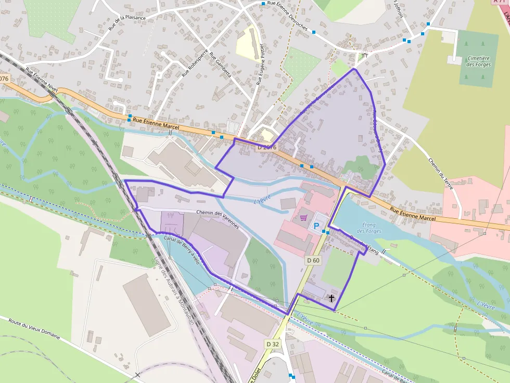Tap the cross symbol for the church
click(x=331, y=298)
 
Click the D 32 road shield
click(x=273, y=344)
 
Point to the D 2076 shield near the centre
click(x=267, y=148)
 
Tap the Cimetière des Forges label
click(x=478, y=61)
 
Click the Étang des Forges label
click(x=370, y=228)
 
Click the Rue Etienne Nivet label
click(x=42, y=81)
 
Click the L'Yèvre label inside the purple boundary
click(x=263, y=201)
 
